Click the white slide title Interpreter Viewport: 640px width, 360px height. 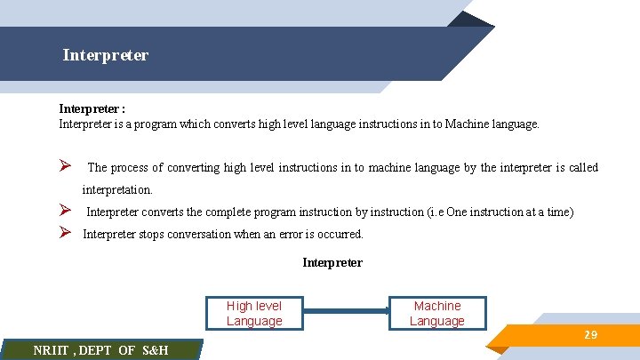106,55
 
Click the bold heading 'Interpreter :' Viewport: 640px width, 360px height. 92,109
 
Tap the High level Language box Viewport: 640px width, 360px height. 254,313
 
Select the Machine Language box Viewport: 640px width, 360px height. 437,313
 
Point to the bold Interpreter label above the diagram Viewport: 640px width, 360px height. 332,263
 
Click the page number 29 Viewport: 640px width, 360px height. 590,335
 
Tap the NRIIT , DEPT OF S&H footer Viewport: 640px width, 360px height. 100,350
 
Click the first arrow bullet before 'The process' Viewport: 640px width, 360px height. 65,167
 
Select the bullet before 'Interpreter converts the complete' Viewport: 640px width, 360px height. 65,212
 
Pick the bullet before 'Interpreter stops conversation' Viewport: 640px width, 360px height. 65,234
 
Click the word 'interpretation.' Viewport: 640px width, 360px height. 117,190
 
